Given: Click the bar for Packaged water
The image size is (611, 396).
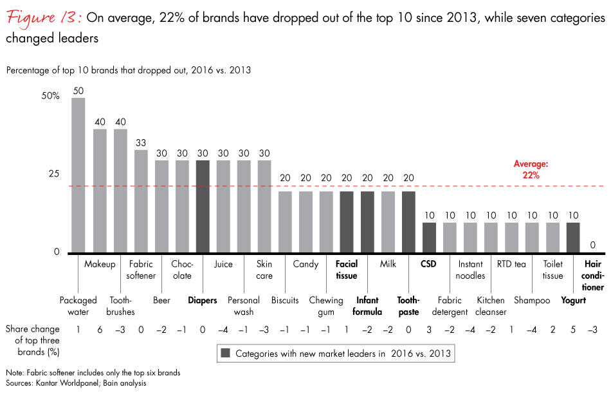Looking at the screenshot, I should point(78,175).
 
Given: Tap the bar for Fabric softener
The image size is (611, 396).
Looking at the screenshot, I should point(141,201).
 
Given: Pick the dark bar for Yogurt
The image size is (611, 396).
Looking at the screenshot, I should point(573,238).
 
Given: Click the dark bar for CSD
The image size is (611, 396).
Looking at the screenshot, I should point(429,238).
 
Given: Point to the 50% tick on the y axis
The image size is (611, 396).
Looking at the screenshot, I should point(51,96).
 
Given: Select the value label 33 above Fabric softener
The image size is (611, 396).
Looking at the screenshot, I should point(141,142).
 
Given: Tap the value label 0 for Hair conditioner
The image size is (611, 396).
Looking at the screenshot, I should point(594,245).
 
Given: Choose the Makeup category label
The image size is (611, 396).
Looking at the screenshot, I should point(100,264).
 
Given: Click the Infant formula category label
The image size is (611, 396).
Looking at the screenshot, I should point(367,306).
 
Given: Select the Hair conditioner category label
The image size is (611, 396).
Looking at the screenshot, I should point(594,276).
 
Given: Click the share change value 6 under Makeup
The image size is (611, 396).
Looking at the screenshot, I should point(100,330).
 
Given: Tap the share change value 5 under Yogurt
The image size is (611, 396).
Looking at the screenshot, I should point(573,330).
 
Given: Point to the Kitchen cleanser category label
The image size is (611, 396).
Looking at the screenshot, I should point(492,306).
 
